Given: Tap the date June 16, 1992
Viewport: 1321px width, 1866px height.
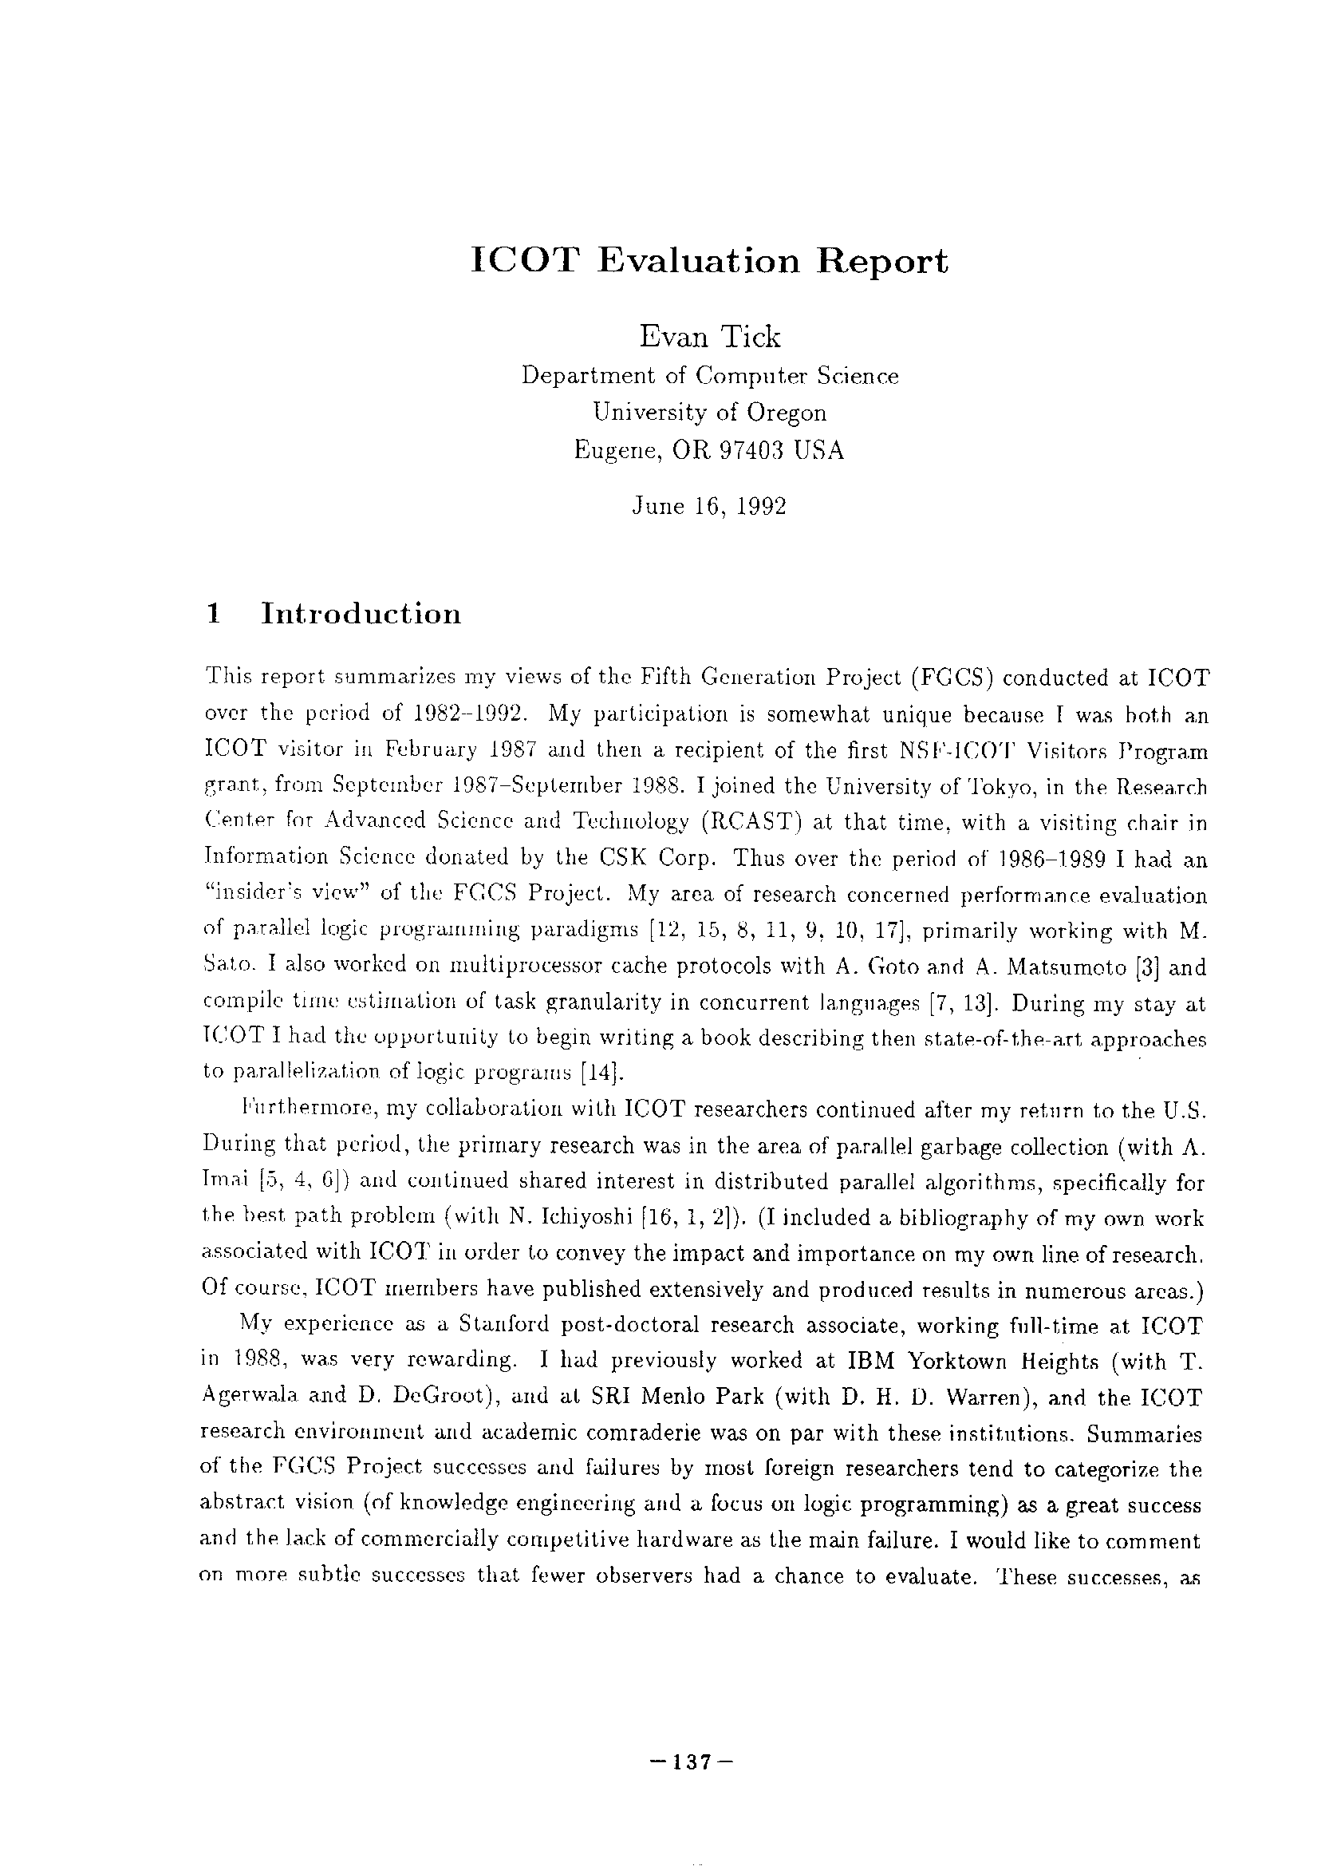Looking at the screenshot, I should click(x=709, y=507).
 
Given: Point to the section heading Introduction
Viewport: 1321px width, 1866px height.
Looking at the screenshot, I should click(x=361, y=614).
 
